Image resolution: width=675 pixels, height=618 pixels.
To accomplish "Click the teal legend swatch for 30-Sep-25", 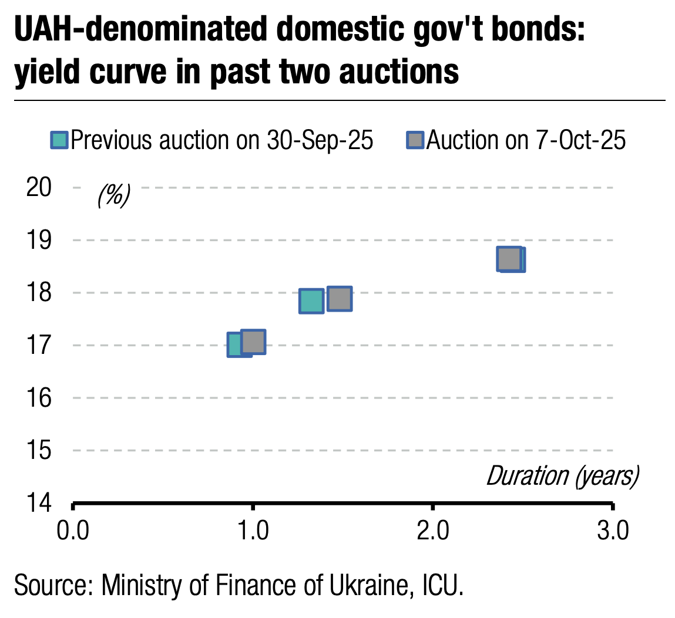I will tap(59, 141).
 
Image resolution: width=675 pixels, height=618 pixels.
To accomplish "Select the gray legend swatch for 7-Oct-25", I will tap(415, 141).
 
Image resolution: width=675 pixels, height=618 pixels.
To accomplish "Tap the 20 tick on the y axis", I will tap(41, 187).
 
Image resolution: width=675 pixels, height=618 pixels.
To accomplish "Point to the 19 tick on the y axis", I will tap(41, 239).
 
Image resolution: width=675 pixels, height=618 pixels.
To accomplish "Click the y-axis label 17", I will tap(41, 345).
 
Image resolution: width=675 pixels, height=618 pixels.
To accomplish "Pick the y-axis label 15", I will tap(41, 451).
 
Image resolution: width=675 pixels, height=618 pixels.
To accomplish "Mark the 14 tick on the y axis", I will tap(41, 503).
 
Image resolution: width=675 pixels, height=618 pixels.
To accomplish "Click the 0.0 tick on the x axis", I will tap(72, 531).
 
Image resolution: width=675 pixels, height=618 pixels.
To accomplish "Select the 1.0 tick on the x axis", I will tap(253, 531).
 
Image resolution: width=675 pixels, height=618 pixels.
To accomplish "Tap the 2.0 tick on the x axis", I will tap(432, 531).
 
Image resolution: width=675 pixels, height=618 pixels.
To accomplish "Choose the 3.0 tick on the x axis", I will tap(613, 531).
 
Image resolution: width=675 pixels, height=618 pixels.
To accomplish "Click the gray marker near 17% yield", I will tap(254, 342).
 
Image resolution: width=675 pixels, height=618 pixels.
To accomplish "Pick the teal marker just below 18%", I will tap(311, 301).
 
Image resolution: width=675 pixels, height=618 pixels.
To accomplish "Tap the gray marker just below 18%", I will tap(340, 299).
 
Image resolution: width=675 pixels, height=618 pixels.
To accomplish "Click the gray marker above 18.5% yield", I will tap(509, 259).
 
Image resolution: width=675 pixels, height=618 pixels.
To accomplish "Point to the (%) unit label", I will tap(113, 195).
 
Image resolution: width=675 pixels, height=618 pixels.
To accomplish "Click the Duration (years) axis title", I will tap(562, 477).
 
